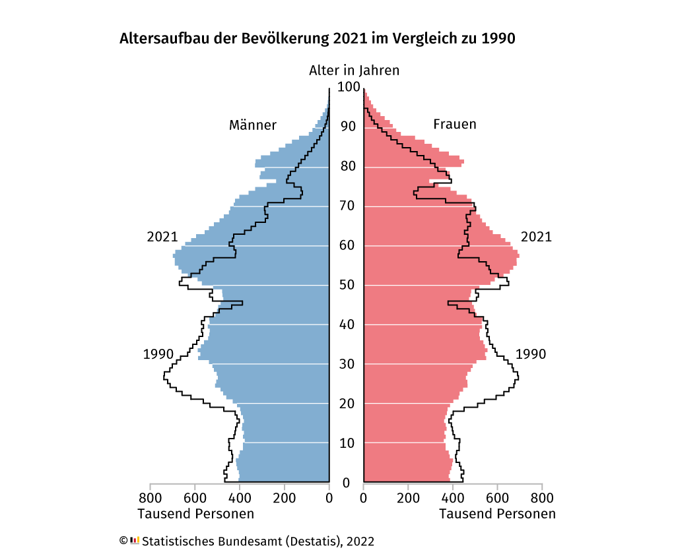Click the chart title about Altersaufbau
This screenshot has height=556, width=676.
click(x=317, y=38)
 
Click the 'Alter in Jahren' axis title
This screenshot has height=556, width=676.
click(x=354, y=71)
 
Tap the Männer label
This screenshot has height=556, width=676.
click(x=253, y=125)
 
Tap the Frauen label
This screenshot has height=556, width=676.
click(x=455, y=124)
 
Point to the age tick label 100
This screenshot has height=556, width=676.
click(x=348, y=87)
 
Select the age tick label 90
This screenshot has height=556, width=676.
click(x=348, y=127)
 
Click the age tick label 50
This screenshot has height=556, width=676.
click(x=348, y=285)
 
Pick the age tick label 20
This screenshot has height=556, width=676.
click(x=348, y=404)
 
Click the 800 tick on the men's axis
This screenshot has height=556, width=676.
click(x=151, y=498)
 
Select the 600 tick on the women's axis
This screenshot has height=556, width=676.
click(x=497, y=498)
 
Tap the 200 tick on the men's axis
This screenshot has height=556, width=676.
click(x=285, y=498)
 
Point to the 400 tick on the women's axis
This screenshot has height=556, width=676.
click(x=453, y=498)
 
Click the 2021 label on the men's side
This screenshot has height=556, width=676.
click(x=162, y=237)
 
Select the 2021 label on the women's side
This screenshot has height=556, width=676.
click(x=536, y=237)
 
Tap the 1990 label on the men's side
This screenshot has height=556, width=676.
click(x=158, y=354)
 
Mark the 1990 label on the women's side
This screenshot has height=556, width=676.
click(x=531, y=354)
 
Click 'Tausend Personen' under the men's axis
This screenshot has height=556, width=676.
click(x=195, y=514)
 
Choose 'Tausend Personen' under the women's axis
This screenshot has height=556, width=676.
click(x=498, y=514)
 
